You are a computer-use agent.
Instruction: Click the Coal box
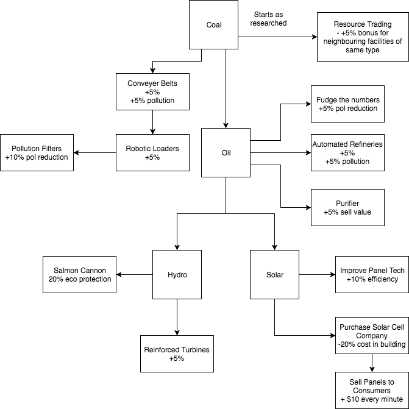pyautogui.click(x=213, y=25)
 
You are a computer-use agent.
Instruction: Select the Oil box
pyautogui.click(x=226, y=153)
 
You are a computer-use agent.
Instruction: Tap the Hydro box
pyautogui.click(x=177, y=275)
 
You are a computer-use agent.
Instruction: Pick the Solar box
pyautogui.click(x=274, y=275)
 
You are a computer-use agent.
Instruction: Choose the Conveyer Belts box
pyautogui.click(x=152, y=92)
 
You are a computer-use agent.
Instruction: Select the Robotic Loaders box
pyautogui.click(x=152, y=153)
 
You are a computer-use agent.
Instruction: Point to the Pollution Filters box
pyautogui.click(x=37, y=153)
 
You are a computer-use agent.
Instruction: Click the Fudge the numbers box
pyautogui.click(x=347, y=104)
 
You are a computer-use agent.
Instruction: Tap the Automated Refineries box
pyautogui.click(x=347, y=153)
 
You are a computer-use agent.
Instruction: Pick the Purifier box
pyautogui.click(x=347, y=207)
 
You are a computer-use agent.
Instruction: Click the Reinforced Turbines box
pyautogui.click(x=177, y=354)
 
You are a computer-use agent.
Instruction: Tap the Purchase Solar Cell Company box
pyautogui.click(x=371, y=336)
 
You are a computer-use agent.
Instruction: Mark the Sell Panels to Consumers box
pyautogui.click(x=371, y=390)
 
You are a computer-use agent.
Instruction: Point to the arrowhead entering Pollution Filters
pyautogui.click(x=77, y=153)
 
